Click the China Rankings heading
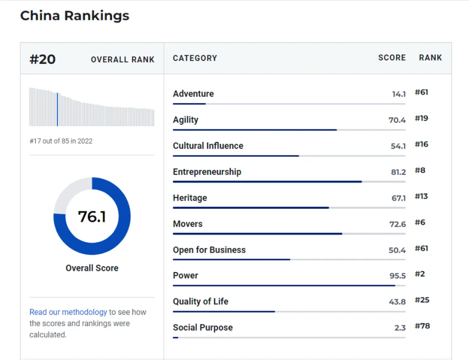[x=74, y=16]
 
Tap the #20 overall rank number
[x=43, y=59]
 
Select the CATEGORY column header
[x=195, y=58]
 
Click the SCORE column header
[x=392, y=58]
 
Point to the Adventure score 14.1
[x=399, y=94]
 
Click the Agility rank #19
[x=421, y=118]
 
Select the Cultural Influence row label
[x=208, y=146]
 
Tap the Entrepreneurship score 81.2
[x=398, y=172]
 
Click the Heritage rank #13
[x=421, y=196]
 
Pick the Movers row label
[x=188, y=224]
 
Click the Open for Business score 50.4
[x=397, y=250]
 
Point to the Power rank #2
[x=420, y=274]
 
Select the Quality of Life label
[x=200, y=301]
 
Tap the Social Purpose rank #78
[x=422, y=326]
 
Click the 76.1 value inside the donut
[x=92, y=216]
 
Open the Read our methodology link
[x=68, y=312]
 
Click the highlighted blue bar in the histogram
[x=57, y=109]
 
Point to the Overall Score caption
[x=92, y=268]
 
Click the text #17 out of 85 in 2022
[x=61, y=141]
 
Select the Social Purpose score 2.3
[x=400, y=328]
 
